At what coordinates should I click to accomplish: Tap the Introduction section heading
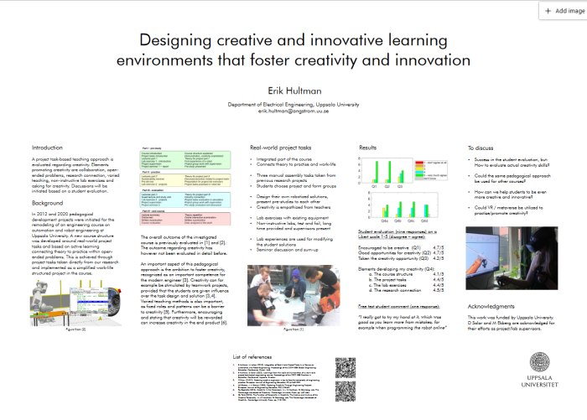tap(48, 147)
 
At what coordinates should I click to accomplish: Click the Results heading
tap(368, 147)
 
